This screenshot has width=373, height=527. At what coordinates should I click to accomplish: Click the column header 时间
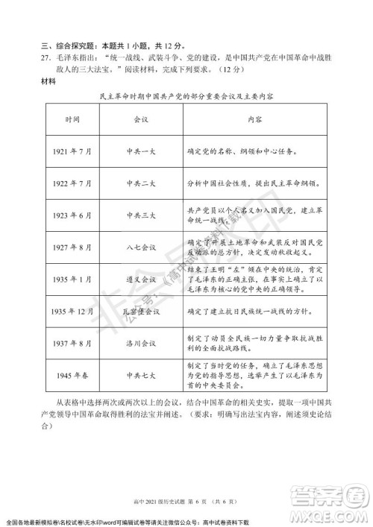tap(72, 119)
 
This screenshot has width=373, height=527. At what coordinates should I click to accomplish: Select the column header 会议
tap(141, 119)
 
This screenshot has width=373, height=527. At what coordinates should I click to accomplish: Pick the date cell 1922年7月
tap(72, 183)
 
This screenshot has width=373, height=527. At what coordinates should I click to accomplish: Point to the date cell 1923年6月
tap(72, 215)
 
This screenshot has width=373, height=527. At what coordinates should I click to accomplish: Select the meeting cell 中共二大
tap(141, 183)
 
